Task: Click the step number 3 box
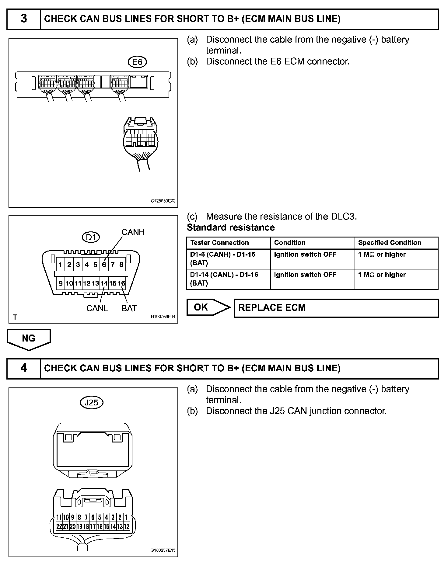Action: [x=24, y=19]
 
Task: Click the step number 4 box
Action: [x=24, y=368]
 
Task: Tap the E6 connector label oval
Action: [x=137, y=62]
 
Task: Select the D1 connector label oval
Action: [x=91, y=237]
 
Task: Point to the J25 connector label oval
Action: [x=91, y=403]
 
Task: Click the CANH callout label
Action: [x=133, y=232]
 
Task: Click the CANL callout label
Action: [x=97, y=308]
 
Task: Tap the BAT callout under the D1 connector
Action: [x=129, y=308]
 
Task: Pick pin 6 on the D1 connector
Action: [x=104, y=265]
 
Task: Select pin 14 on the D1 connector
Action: [x=104, y=283]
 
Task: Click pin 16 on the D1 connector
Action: [x=121, y=283]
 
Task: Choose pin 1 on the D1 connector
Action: [x=61, y=265]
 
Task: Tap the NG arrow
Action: [x=29, y=339]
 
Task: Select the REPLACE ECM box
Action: [x=336, y=308]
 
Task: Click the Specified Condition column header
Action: [x=390, y=243]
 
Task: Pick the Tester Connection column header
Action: [x=219, y=243]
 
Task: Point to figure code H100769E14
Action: [x=163, y=317]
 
